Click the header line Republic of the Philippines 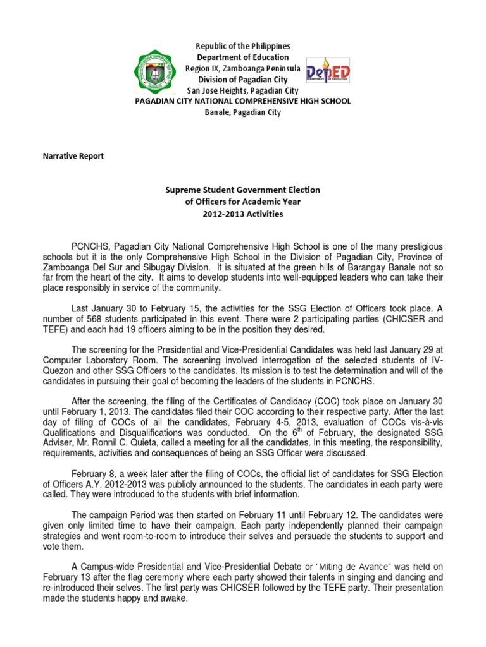tap(243, 47)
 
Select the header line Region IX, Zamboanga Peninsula tap(243, 68)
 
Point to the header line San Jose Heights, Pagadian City tap(243, 90)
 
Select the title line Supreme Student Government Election tap(243, 190)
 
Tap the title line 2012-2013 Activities tap(243, 214)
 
